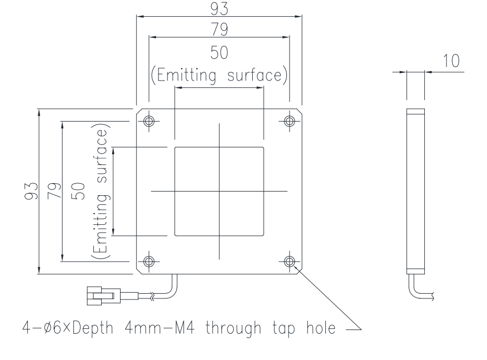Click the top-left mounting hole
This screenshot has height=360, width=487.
(x=149, y=121)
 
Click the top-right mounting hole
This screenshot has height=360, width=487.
(x=290, y=121)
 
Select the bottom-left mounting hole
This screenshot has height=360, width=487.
(x=149, y=261)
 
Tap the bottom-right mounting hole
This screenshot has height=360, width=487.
(x=290, y=261)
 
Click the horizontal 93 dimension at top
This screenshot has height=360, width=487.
(x=219, y=9)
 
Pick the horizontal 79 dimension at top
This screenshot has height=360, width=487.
(x=219, y=29)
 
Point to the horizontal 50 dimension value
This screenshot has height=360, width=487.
(x=219, y=53)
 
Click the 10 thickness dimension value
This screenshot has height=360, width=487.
(x=451, y=61)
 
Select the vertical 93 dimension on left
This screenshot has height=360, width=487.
(x=31, y=191)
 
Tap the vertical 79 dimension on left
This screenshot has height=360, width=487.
(x=54, y=191)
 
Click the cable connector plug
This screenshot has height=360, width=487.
(x=103, y=296)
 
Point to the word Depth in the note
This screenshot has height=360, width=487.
(x=93, y=328)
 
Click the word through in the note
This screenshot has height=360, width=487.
(x=233, y=328)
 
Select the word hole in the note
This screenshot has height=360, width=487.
(x=321, y=328)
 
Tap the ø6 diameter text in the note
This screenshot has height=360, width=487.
(x=52, y=328)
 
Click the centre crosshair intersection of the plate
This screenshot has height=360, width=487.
(x=219, y=191)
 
